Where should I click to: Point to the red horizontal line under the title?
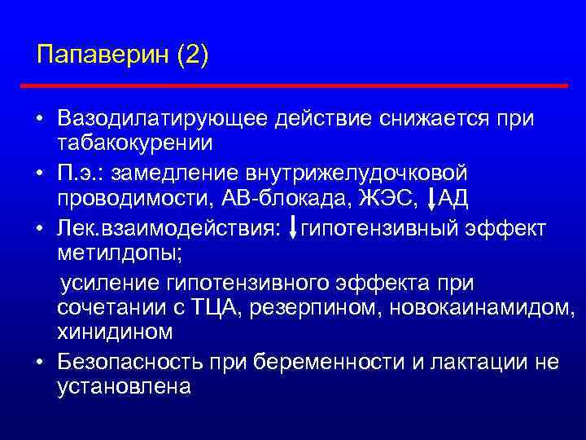[294, 85]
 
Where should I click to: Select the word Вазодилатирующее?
[163, 120]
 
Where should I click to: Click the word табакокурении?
[135, 144]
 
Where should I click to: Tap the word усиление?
[107, 282]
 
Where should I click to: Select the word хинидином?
[115, 333]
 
